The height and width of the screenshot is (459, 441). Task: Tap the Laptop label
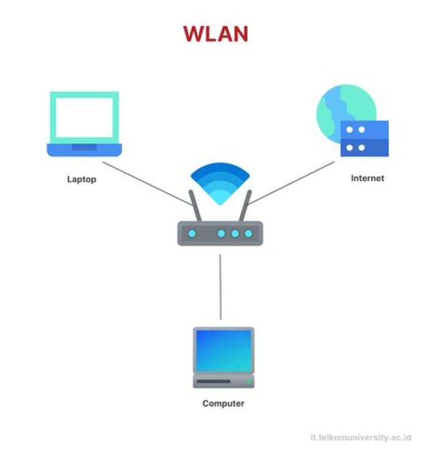[x=81, y=180]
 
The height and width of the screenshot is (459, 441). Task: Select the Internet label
[x=367, y=179]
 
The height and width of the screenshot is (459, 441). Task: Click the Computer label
[x=223, y=404]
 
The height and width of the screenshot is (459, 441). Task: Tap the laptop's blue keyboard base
[x=85, y=149]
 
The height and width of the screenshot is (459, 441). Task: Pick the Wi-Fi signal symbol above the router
[x=220, y=182]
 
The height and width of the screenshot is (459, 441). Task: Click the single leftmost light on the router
[x=191, y=233]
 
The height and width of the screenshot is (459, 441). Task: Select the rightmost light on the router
[x=248, y=233]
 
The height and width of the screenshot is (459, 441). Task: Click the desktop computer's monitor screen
[x=223, y=351]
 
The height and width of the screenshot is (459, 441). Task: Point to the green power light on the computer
[x=249, y=381]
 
